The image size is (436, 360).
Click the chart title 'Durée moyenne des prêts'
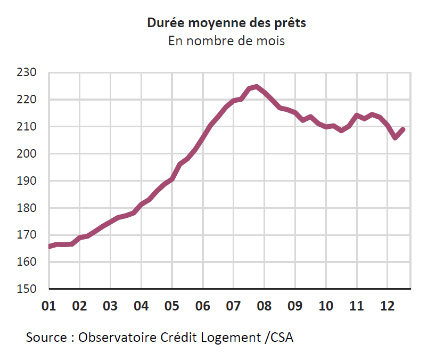pyautogui.click(x=226, y=23)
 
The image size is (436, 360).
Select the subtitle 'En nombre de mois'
pyautogui.click(x=226, y=40)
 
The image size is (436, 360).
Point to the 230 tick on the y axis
pyautogui.click(x=27, y=72)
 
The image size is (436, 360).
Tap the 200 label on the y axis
pyautogui.click(x=27, y=153)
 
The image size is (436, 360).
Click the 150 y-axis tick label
pyautogui.click(x=27, y=289)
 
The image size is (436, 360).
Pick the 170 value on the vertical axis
pyautogui.click(x=27, y=235)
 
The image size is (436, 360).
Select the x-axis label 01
pyautogui.click(x=48, y=306)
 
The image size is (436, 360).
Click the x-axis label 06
pyautogui.click(x=202, y=306)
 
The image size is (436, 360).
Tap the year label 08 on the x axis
pyautogui.click(x=264, y=306)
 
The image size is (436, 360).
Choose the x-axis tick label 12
pyautogui.click(x=387, y=306)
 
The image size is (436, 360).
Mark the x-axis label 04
pyautogui.click(x=141, y=306)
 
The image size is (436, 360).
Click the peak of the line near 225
pyautogui.click(x=257, y=86)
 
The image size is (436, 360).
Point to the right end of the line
pyautogui.click(x=403, y=129)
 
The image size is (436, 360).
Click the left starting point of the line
pyautogui.click(x=49, y=247)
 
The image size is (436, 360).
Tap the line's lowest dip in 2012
pyautogui.click(x=395, y=138)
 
